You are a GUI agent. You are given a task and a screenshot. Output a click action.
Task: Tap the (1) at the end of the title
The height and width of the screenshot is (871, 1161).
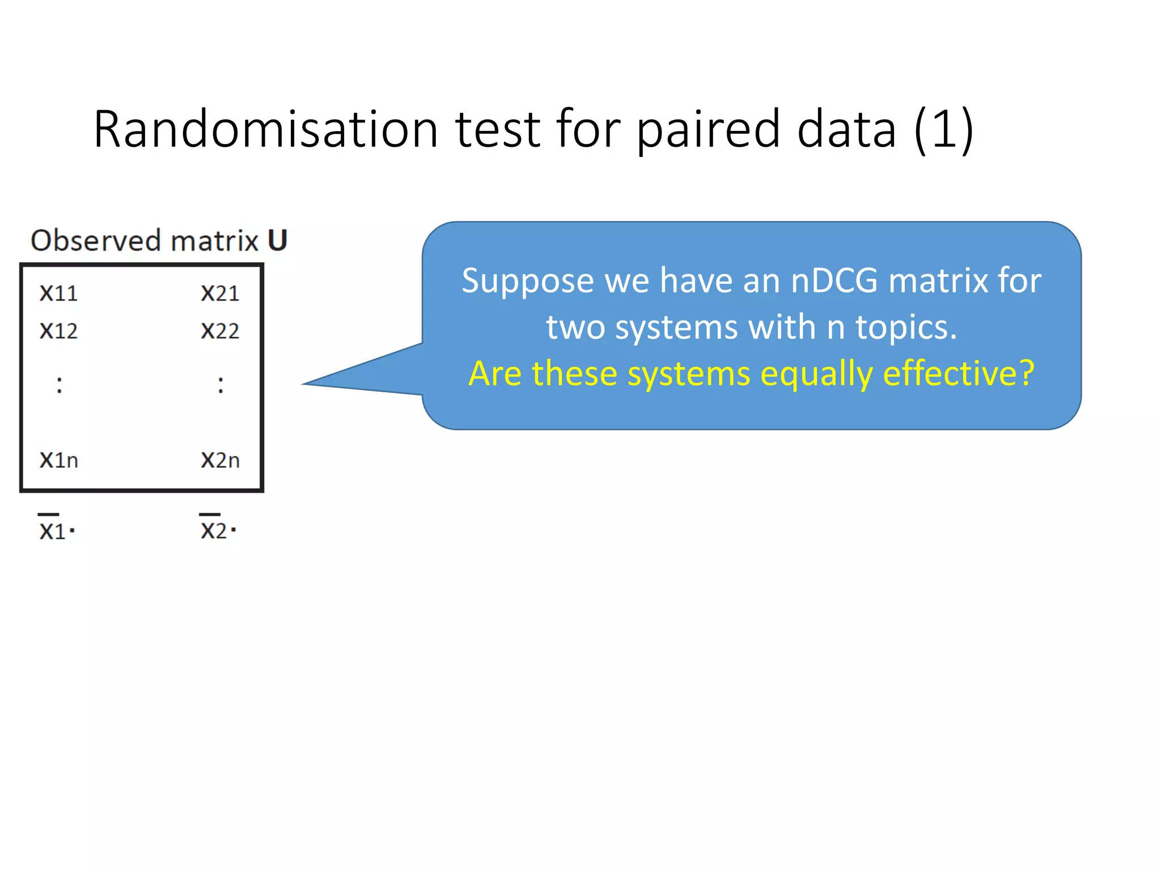click(944, 130)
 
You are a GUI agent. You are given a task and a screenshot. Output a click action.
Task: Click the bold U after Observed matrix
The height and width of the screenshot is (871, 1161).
click(277, 240)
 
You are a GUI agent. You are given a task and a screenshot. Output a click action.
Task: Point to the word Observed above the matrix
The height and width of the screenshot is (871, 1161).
click(96, 240)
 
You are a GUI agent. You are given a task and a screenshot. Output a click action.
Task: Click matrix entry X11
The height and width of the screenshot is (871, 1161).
click(58, 294)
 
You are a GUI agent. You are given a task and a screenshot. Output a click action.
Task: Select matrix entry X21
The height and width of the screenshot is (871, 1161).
click(220, 294)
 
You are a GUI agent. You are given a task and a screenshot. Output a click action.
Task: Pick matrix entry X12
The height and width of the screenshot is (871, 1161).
click(58, 331)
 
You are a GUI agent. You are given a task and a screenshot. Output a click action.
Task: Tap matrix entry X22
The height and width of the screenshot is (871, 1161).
click(220, 331)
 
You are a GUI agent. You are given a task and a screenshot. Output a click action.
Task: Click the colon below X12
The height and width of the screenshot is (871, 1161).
click(60, 385)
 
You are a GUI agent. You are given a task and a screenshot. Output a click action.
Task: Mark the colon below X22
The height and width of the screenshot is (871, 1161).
click(221, 385)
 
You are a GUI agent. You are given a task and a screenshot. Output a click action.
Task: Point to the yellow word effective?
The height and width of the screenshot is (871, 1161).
click(959, 374)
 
